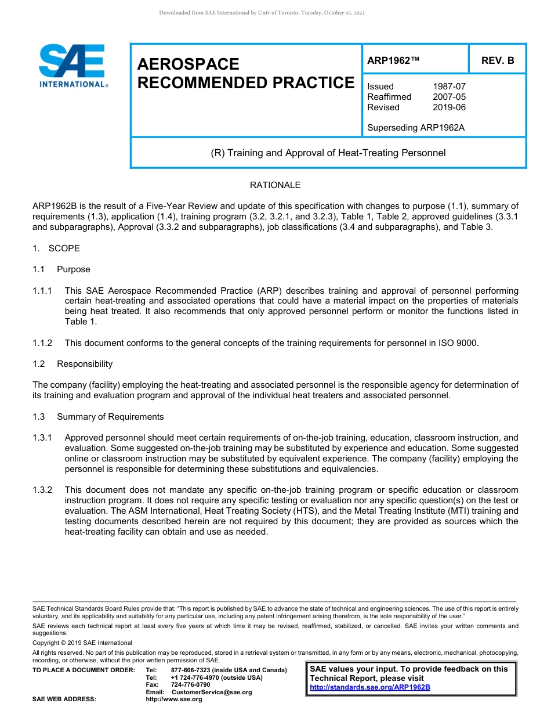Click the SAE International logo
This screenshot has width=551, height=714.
[x=72, y=66]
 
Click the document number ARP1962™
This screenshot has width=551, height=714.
[x=393, y=60]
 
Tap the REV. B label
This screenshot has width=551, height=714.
[x=498, y=60]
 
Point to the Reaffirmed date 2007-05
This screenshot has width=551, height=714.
[x=449, y=97]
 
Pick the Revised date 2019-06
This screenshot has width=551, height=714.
[x=449, y=107]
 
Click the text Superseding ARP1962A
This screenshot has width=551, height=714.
[x=416, y=128]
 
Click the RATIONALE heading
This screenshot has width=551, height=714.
[x=275, y=185]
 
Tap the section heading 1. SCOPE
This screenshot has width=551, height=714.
[x=56, y=248]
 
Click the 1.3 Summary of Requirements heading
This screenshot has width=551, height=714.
[x=98, y=417]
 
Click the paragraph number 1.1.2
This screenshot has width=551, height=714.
[x=42, y=343]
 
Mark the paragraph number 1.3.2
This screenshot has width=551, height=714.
[x=42, y=491]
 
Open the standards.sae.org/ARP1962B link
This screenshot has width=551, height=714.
[x=370, y=687]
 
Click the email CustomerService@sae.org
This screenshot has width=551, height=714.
[x=212, y=692]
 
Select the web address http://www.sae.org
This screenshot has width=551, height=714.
[x=174, y=699]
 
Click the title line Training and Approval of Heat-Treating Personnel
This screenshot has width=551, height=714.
[x=328, y=153]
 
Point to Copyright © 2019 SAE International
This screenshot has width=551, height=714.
[x=82, y=643]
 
